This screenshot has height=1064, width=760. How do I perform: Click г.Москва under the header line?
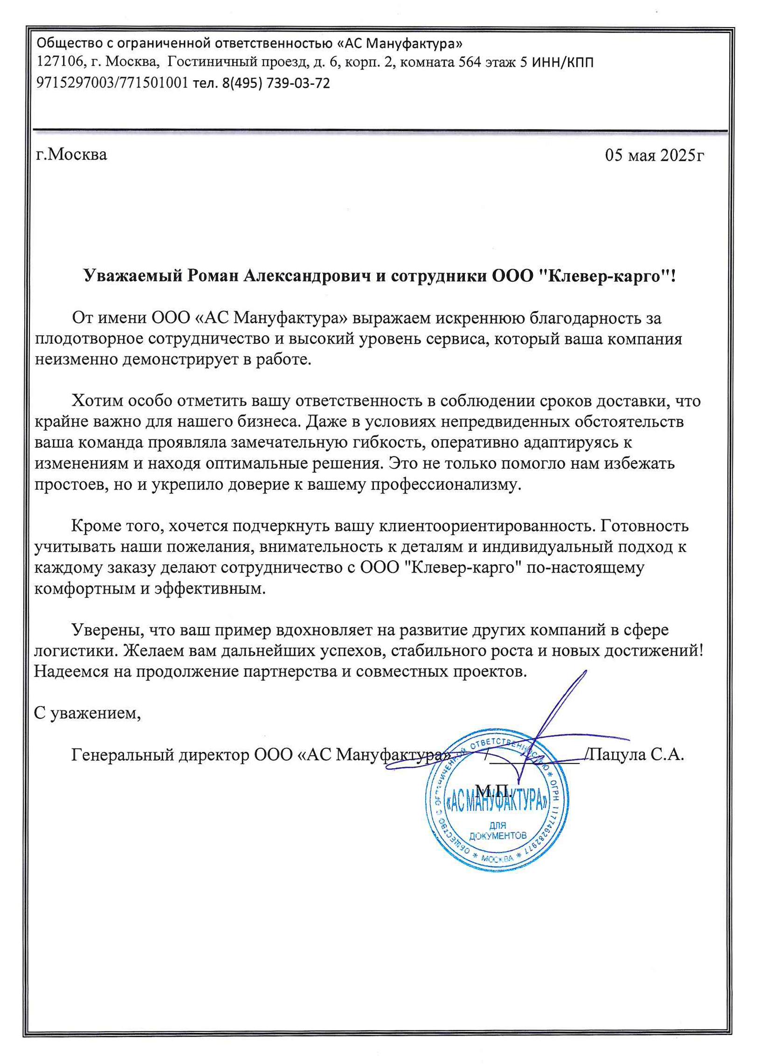[x=72, y=154]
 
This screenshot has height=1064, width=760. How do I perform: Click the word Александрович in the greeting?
[x=308, y=276]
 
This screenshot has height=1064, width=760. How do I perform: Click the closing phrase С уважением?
[x=88, y=713]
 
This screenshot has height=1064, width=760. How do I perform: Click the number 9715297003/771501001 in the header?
[x=112, y=83]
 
